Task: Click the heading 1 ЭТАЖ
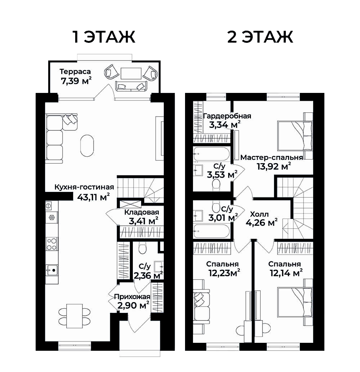click(104, 37)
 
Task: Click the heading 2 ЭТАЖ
click(260, 37)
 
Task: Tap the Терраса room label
click(75, 71)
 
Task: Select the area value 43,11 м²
click(94, 197)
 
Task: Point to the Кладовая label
click(141, 212)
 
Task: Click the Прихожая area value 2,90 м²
click(133, 305)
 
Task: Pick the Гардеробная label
click(227, 116)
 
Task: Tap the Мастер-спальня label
click(271, 157)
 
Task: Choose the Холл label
click(260, 215)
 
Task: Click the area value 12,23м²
click(224, 273)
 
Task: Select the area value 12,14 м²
click(286, 273)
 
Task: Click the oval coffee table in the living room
click(87, 145)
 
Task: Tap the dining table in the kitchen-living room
click(75, 316)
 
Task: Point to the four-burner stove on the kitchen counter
click(52, 244)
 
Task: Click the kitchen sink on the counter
click(52, 270)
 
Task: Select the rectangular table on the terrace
click(131, 73)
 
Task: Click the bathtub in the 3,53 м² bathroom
click(212, 154)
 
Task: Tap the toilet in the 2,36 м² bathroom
click(143, 248)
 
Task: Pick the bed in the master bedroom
click(295, 136)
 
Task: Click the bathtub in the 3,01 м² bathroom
click(212, 231)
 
